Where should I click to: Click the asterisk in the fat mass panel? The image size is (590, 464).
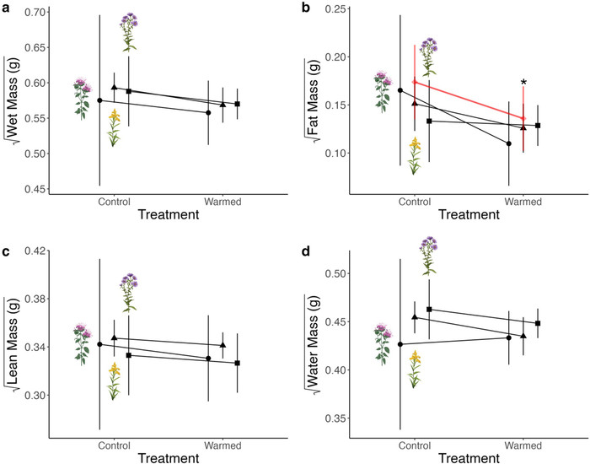click(x=523, y=83)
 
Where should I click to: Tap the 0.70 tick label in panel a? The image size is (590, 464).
click(x=35, y=13)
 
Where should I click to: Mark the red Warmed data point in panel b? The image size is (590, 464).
click(x=523, y=118)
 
